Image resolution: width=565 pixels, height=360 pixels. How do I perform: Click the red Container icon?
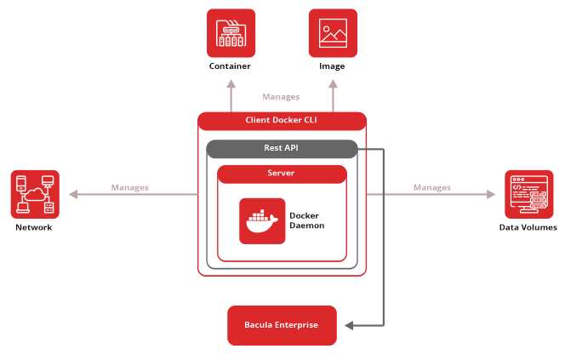coord(231,33)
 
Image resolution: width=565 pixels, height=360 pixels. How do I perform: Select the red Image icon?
coord(333,33)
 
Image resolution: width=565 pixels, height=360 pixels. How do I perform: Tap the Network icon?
coord(35,193)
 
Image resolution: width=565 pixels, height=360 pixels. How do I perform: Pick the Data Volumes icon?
coord(528,194)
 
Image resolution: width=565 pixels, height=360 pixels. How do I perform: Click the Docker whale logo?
coord(262,220)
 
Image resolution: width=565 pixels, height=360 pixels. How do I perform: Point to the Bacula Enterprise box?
coord(282,325)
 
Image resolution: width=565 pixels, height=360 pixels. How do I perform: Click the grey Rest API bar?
coord(282,149)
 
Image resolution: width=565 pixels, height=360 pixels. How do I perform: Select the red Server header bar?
coord(282,174)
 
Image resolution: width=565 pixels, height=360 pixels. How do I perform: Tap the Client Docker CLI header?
coord(282,121)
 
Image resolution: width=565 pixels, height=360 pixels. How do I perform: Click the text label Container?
coord(231,66)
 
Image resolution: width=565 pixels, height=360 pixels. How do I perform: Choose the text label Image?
coord(333,66)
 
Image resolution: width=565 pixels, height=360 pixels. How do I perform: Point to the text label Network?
coord(34,227)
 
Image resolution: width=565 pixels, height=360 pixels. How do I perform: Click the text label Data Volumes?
coord(528,227)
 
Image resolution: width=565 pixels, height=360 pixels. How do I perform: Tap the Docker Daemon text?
coord(306,220)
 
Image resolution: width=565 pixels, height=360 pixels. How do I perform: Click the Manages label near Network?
coord(129,187)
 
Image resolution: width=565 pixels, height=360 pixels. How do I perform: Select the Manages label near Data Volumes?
coord(432,187)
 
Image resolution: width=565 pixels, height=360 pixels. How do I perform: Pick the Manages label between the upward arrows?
coord(281,97)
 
